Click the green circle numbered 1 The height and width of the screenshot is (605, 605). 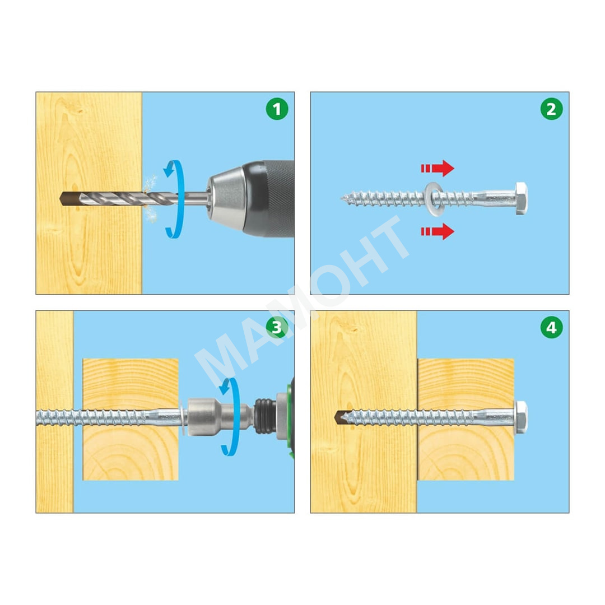click(277, 109)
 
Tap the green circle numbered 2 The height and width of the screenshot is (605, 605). click(551, 109)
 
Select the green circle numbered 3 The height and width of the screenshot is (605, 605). click(277, 327)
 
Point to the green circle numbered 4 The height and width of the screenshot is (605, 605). click(551, 327)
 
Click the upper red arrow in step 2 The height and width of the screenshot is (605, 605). click(438, 168)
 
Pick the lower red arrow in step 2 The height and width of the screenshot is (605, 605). click(438, 231)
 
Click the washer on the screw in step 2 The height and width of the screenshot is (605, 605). click(435, 199)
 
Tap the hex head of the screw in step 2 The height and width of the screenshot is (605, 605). click(522, 198)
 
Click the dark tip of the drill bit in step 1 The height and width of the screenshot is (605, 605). click(69, 199)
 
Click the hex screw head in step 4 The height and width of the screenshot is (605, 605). click(522, 417)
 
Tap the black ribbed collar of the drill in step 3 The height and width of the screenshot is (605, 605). click(265, 417)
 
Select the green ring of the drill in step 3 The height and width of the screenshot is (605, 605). click(290, 417)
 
